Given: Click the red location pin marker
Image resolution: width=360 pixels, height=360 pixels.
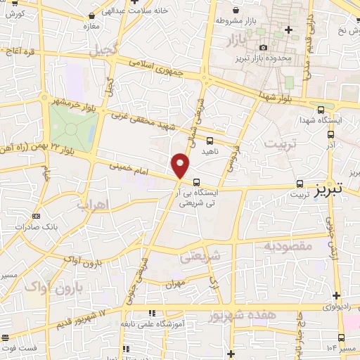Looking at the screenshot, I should (181, 166).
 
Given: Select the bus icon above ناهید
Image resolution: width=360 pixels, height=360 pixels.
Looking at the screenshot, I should (210, 140).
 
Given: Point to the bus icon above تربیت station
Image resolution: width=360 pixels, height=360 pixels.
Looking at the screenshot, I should (301, 180).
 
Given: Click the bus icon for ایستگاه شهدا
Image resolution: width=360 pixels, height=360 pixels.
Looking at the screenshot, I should (321, 109).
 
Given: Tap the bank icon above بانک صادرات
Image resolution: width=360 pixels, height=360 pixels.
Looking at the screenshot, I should (36, 216).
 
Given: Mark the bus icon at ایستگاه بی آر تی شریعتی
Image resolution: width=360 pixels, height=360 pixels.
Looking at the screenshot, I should (195, 180).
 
